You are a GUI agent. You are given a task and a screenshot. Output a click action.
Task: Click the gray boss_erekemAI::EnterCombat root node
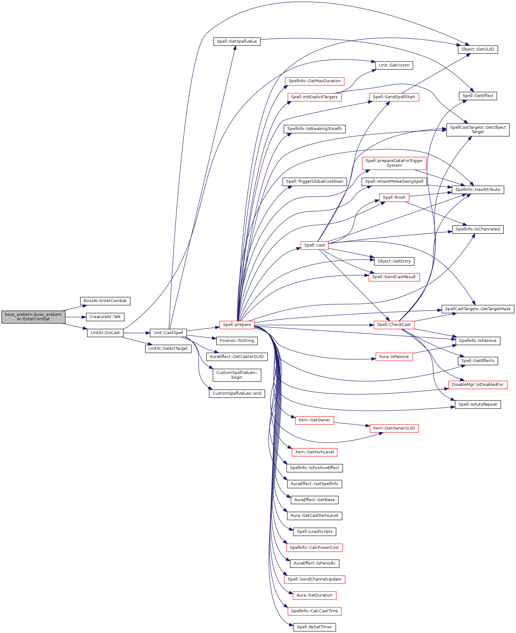33,317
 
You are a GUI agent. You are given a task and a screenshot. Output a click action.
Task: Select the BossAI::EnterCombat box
105,301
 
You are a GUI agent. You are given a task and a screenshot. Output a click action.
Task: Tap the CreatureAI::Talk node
105,317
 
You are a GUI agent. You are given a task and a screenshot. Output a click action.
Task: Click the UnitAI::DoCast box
105,333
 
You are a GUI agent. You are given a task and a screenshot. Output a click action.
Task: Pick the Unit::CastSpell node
168,333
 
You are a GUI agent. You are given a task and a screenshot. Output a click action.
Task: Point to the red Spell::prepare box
237,325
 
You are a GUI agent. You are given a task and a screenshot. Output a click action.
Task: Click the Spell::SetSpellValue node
237,41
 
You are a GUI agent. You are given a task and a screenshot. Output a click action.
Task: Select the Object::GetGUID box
478,49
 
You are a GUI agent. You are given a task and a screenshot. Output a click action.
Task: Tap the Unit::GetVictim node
394,65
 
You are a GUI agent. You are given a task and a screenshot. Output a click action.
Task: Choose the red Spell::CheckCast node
394,325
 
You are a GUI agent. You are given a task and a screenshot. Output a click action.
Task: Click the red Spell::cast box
314,245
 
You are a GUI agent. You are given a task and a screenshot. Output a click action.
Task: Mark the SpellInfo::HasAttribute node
478,190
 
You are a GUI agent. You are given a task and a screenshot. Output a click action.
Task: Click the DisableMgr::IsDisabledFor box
478,385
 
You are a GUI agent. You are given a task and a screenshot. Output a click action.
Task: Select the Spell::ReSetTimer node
314,627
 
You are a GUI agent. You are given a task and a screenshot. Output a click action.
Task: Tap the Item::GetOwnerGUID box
394,428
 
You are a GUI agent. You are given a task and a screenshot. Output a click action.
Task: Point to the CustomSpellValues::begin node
237,375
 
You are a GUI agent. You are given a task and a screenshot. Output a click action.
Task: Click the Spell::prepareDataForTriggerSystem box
394,163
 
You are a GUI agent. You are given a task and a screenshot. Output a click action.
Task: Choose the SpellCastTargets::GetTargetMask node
478,309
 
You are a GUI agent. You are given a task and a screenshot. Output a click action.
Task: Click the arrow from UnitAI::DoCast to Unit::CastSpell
137,333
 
